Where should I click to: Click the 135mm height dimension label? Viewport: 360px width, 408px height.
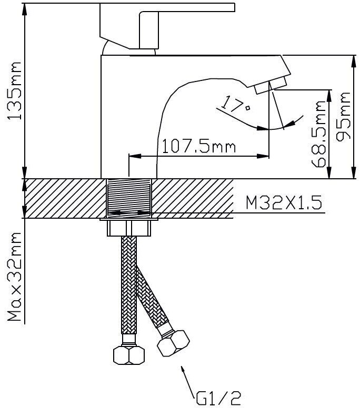click(13, 89)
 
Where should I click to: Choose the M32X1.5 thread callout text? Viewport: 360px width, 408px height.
click(284, 203)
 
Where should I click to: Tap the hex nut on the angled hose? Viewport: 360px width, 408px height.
click(174, 342)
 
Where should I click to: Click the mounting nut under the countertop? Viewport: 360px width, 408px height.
click(129, 228)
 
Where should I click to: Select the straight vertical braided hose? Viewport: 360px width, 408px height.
click(128, 289)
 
